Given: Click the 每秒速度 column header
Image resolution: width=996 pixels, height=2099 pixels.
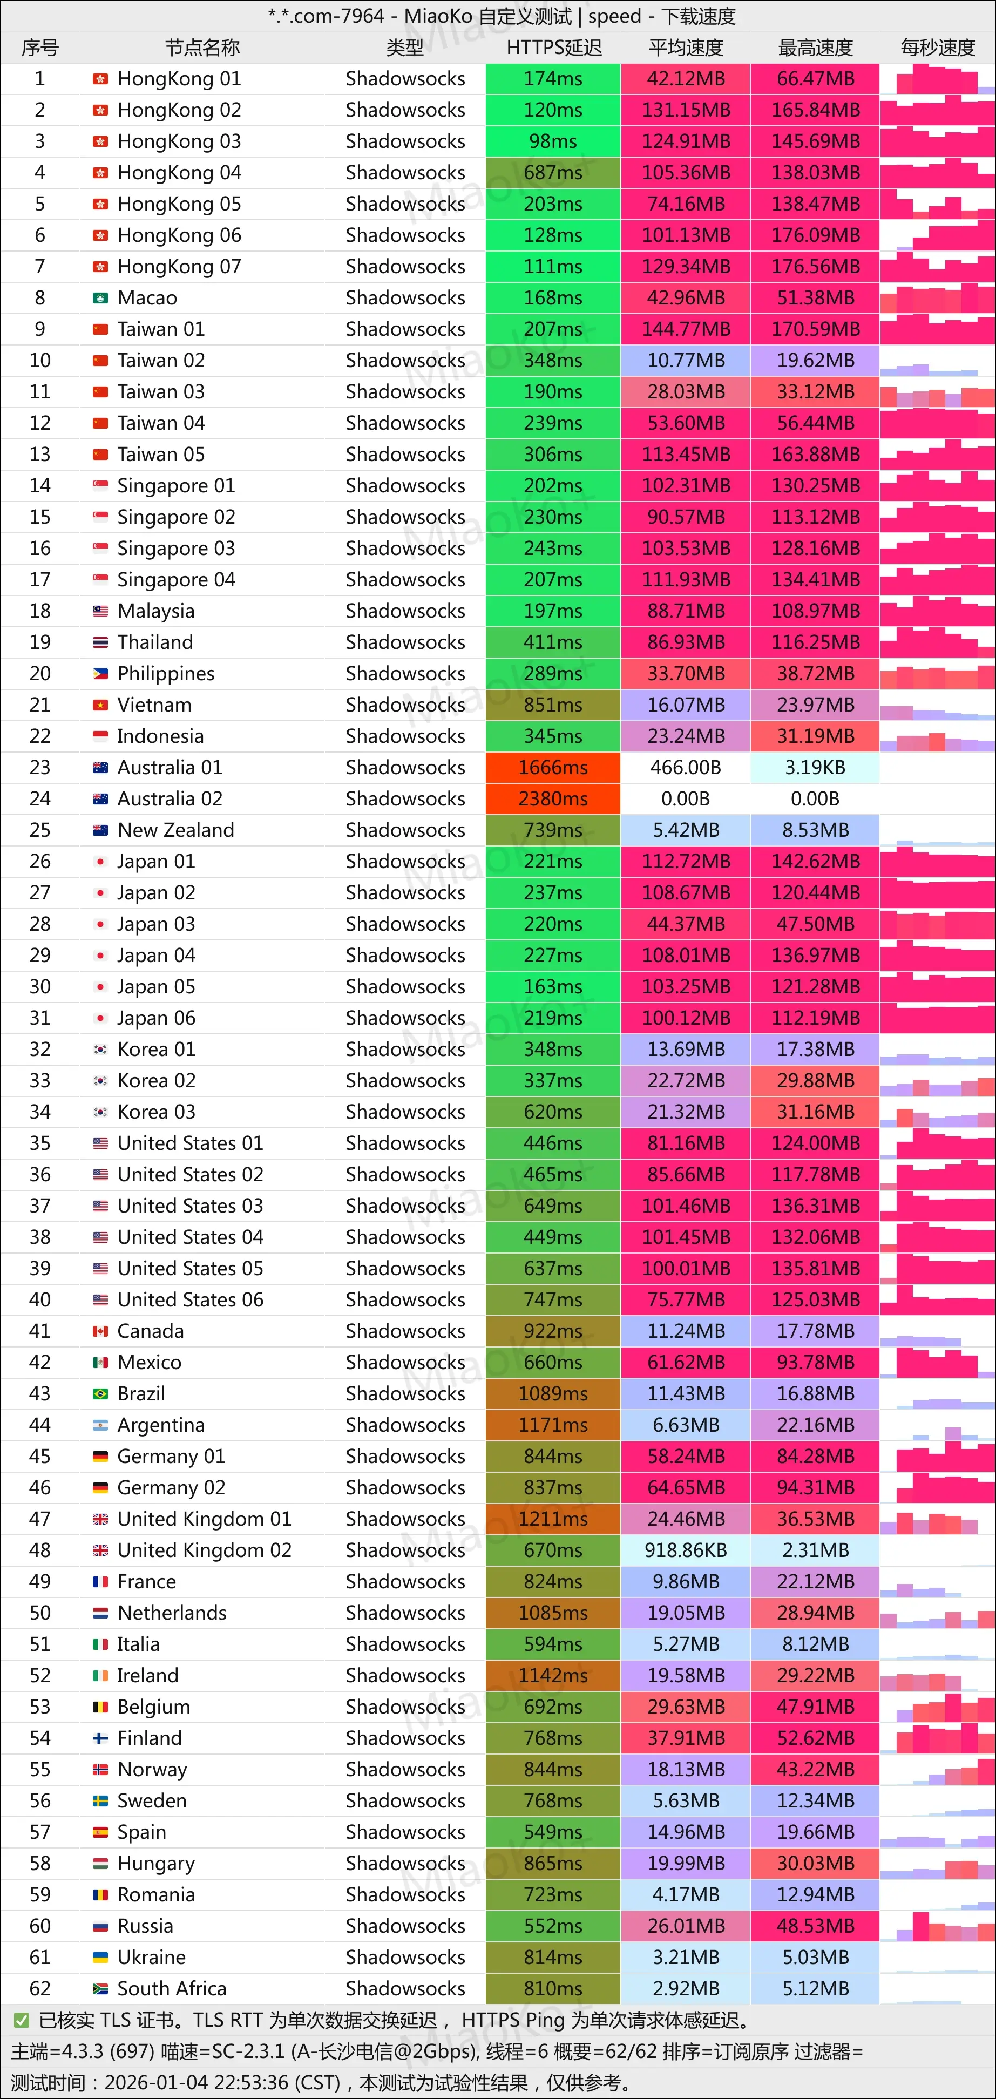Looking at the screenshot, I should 937,48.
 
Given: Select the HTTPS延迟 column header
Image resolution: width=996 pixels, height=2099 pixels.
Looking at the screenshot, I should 553,48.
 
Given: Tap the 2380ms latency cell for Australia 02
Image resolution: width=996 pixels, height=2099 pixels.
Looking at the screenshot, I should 553,798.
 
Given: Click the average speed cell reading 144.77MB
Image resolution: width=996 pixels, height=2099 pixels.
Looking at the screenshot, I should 686,329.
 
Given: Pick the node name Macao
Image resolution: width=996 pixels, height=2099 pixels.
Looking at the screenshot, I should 147,298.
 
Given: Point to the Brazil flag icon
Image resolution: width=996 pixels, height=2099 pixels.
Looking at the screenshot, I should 100,1394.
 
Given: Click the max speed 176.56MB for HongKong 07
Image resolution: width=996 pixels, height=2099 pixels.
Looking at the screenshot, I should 815,267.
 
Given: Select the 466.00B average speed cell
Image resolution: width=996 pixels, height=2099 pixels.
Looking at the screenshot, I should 686,768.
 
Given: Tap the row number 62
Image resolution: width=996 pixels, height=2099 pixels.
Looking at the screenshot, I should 40,1989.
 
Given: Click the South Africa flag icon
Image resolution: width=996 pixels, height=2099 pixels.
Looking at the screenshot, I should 100,1989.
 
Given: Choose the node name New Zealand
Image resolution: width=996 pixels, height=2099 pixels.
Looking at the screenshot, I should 175,830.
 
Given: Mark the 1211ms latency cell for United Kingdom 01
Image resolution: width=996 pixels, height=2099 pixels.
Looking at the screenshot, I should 553,1519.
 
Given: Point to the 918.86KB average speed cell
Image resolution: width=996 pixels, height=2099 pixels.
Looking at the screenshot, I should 686,1550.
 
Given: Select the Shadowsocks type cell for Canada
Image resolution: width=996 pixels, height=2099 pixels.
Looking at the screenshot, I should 405,1331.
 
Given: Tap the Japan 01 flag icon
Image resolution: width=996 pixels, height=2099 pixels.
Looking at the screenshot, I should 100,861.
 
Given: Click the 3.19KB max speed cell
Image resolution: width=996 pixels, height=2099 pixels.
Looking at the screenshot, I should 815,768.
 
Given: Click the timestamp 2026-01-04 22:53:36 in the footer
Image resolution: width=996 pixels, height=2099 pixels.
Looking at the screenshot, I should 222,2083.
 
